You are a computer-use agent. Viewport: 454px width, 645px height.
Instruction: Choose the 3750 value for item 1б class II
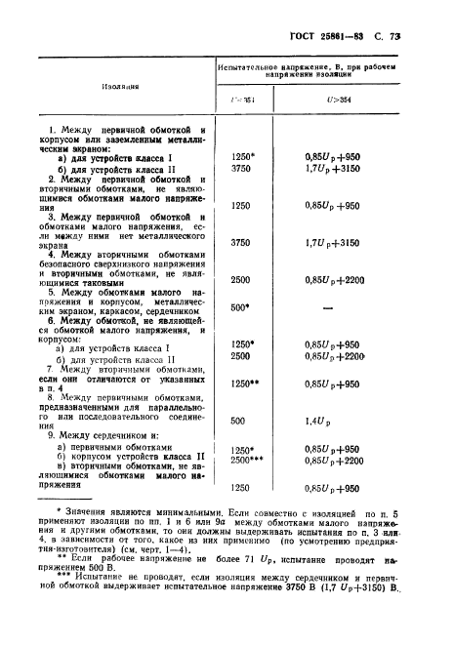238,167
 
